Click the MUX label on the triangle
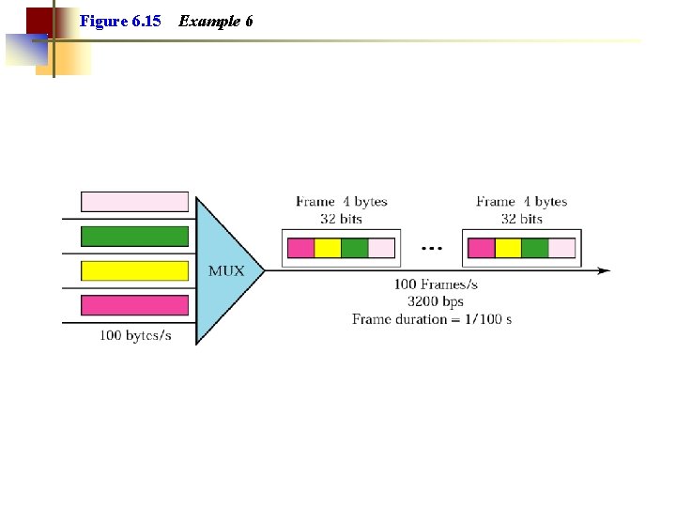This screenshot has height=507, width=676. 225,270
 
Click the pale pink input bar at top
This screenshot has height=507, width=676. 134,202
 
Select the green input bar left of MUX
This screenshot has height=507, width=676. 134,235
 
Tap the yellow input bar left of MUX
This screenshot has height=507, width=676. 134,270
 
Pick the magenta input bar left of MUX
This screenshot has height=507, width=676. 134,305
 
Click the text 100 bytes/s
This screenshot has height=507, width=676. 135,335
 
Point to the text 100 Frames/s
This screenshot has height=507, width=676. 435,284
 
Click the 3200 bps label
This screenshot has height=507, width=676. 435,301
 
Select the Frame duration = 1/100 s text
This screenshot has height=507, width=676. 432,319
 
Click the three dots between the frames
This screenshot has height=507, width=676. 432,249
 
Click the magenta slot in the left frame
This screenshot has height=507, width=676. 300,248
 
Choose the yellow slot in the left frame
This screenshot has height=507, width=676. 328,248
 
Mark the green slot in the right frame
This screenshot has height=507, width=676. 534,248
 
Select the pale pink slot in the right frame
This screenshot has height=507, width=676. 561,248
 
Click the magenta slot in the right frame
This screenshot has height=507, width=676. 481,248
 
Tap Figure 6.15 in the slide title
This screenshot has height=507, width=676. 120,20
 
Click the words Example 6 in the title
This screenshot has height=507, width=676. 215,20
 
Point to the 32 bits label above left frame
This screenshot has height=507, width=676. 341,219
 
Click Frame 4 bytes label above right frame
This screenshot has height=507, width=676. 521,202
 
